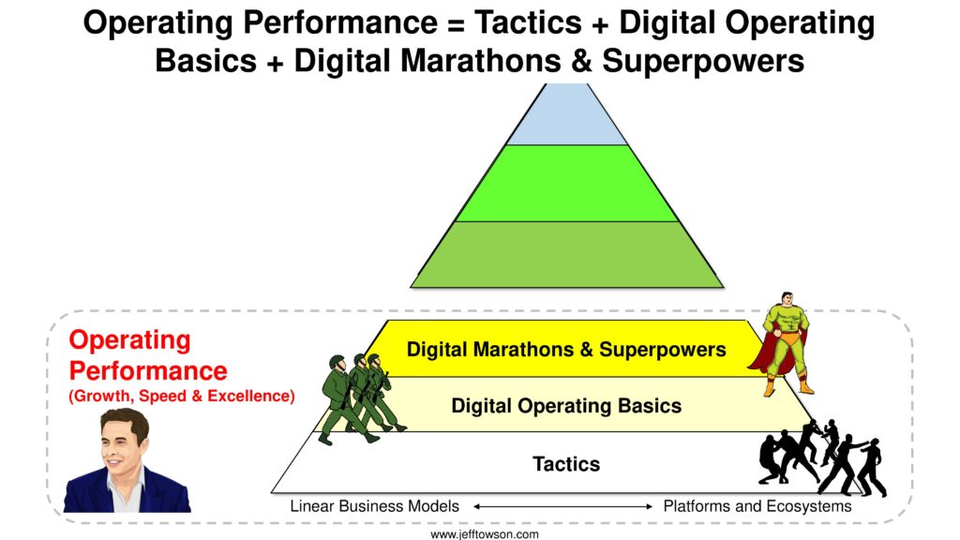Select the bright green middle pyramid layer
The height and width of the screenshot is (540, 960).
(567, 183)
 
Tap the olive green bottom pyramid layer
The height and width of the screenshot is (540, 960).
(567, 254)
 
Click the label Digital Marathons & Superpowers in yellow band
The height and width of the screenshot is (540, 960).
(566, 350)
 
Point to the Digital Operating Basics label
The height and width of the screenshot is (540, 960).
(566, 406)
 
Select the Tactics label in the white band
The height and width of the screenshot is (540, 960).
(566, 463)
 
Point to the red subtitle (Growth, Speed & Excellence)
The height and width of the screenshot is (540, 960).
(182, 397)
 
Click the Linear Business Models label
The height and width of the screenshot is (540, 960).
(374, 506)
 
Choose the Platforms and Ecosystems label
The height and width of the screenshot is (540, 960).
(757, 506)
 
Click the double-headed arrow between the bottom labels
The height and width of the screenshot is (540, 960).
(562, 506)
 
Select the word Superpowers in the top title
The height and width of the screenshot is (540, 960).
(703, 61)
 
